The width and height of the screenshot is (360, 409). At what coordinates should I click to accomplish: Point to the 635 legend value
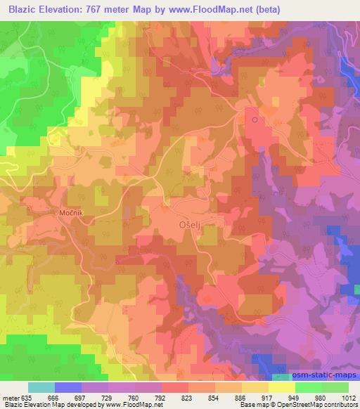point(28,397)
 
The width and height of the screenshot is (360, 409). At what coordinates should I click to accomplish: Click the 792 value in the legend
point(161,397)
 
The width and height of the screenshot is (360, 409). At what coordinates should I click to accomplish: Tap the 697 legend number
point(81,397)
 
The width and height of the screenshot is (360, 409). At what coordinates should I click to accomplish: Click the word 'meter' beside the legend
point(11,397)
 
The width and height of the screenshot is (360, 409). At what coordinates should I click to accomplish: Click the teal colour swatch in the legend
point(41,387)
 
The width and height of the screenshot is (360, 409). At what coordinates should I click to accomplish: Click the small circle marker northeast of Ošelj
point(255,119)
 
